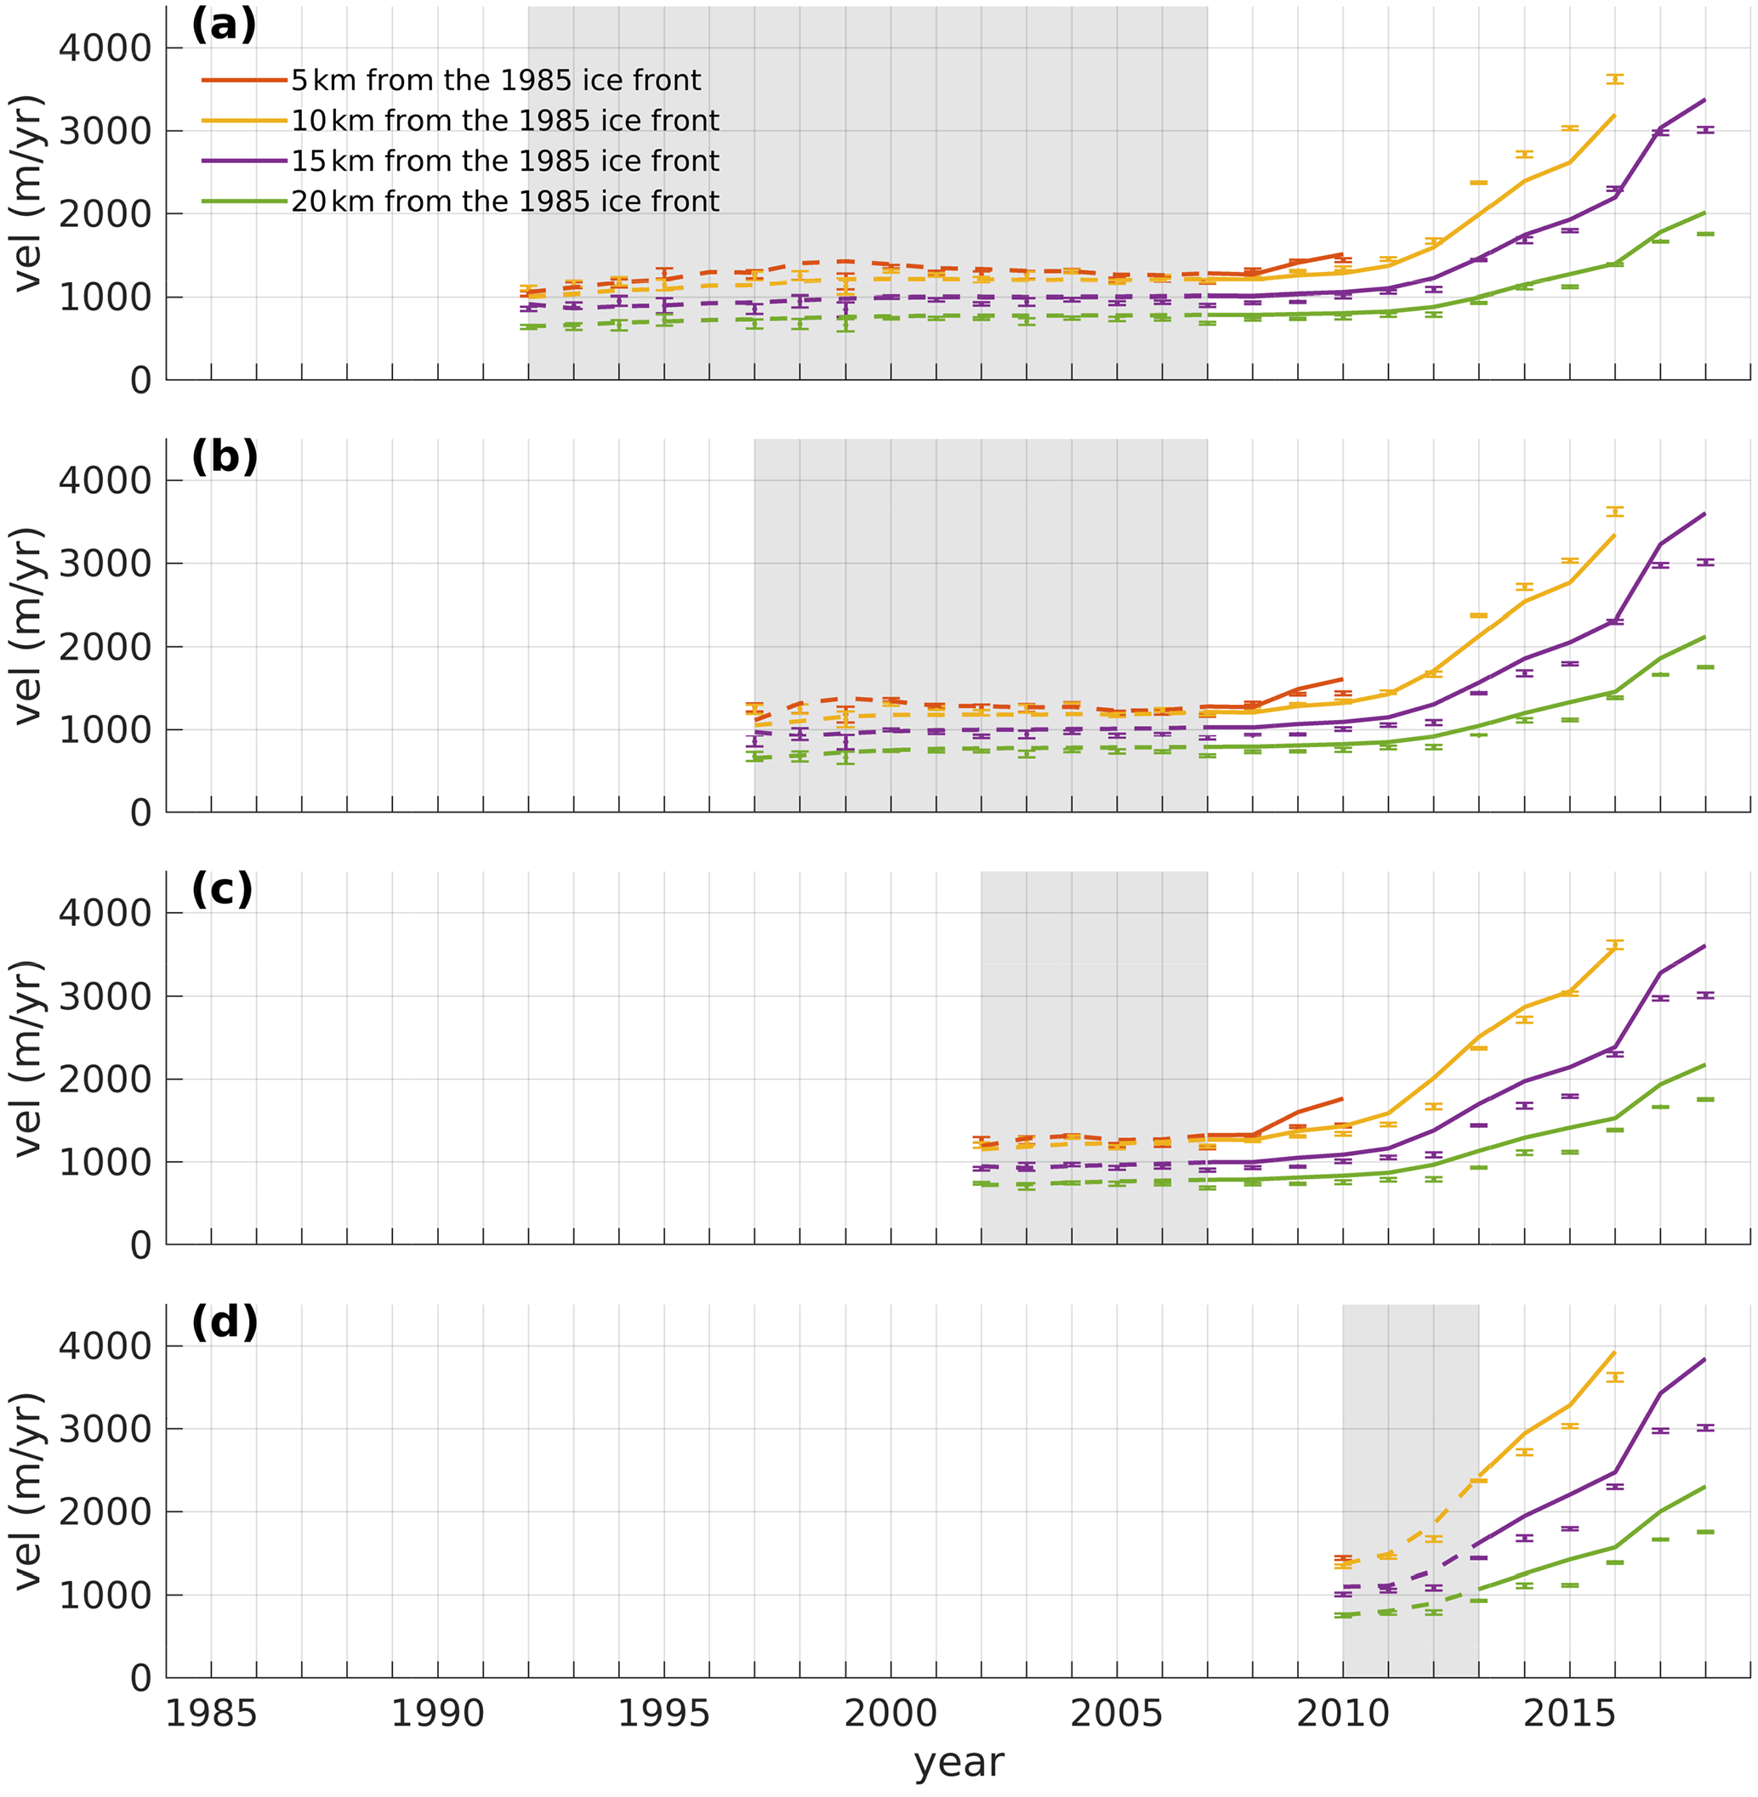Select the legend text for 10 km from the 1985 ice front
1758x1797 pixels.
[x=505, y=121]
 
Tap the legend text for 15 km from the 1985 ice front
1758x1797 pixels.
[x=505, y=162]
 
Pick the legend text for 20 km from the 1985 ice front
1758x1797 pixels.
[x=505, y=201]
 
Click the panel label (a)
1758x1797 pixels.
[x=224, y=26]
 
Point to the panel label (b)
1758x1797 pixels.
[x=224, y=458]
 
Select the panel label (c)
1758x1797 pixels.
[x=222, y=890]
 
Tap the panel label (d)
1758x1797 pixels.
[x=224, y=1323]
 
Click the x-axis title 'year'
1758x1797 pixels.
[x=959, y=1762]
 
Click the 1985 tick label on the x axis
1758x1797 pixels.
[x=211, y=1714]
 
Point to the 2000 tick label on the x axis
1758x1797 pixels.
[x=890, y=1714]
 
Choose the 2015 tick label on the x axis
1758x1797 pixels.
[x=1568, y=1714]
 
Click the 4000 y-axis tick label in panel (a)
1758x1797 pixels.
[x=105, y=48]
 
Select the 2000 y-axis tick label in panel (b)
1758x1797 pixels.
[x=105, y=647]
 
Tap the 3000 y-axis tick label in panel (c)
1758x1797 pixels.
[x=105, y=996]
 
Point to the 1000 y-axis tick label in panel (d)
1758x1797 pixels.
[x=105, y=1595]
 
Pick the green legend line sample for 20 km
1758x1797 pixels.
[x=244, y=201]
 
